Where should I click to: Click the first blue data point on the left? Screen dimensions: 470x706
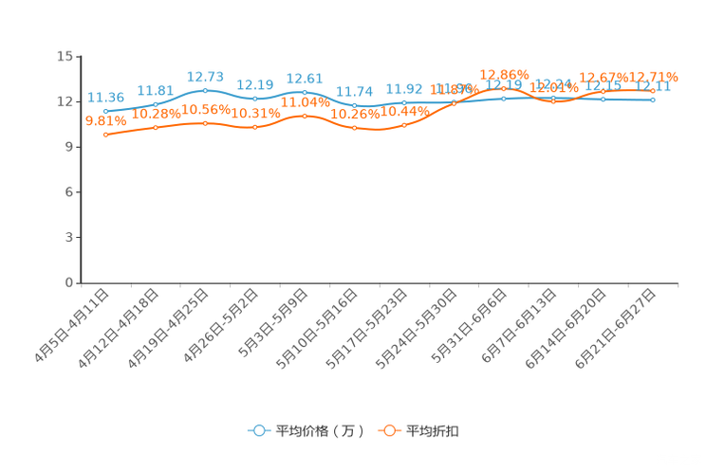tap(105, 111)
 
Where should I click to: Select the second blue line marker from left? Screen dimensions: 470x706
tap(156, 102)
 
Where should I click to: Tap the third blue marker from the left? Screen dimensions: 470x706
tap(205, 90)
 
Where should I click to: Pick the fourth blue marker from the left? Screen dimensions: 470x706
tap(254, 98)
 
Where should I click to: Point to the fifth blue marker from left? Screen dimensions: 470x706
tap(304, 91)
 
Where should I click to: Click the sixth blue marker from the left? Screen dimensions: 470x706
tap(354, 104)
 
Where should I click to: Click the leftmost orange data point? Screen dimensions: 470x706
tap(105, 136)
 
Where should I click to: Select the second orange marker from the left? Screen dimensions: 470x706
tap(156, 127)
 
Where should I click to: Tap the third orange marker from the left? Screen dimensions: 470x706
tap(205, 123)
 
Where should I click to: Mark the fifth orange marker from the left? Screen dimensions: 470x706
tap(304, 115)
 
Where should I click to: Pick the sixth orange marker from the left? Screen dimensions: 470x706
tap(354, 128)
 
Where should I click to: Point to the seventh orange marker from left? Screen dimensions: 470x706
tap(404, 125)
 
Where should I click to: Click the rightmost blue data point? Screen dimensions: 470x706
tap(654, 99)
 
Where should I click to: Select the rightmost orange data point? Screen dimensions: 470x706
tap(654, 91)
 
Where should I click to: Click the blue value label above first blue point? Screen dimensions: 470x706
tap(105, 97)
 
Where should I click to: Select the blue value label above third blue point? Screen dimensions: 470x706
tap(205, 76)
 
